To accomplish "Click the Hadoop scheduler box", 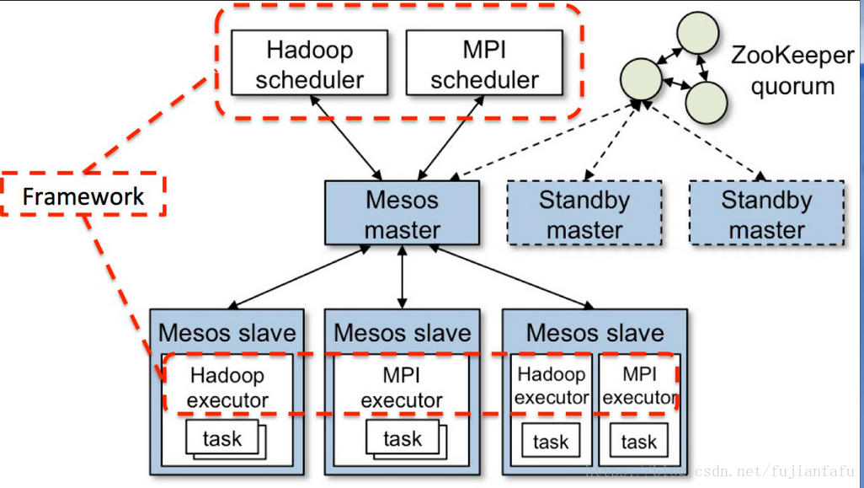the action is [309, 62].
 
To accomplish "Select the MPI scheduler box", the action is [484, 62].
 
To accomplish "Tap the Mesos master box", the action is [402, 213].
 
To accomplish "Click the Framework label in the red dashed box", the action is [83, 196].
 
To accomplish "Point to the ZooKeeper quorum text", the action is [792, 71].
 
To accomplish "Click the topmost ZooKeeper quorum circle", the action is [698, 33].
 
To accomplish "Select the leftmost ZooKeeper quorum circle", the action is [641, 79].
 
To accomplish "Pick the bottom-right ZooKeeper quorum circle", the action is [707, 103].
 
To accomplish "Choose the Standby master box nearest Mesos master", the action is [584, 213].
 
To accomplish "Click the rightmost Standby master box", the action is [766, 213].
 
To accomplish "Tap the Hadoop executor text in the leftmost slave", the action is [227, 388].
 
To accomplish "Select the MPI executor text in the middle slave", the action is [402, 388].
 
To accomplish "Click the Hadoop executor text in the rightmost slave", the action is [552, 385].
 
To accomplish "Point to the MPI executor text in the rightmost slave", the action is [640, 385].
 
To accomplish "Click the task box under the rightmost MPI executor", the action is [639, 441].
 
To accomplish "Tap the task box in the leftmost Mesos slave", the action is [222, 438].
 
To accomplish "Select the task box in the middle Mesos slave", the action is [403, 438].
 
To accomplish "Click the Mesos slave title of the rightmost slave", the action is [595, 333].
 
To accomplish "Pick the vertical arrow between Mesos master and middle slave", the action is [403, 276].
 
